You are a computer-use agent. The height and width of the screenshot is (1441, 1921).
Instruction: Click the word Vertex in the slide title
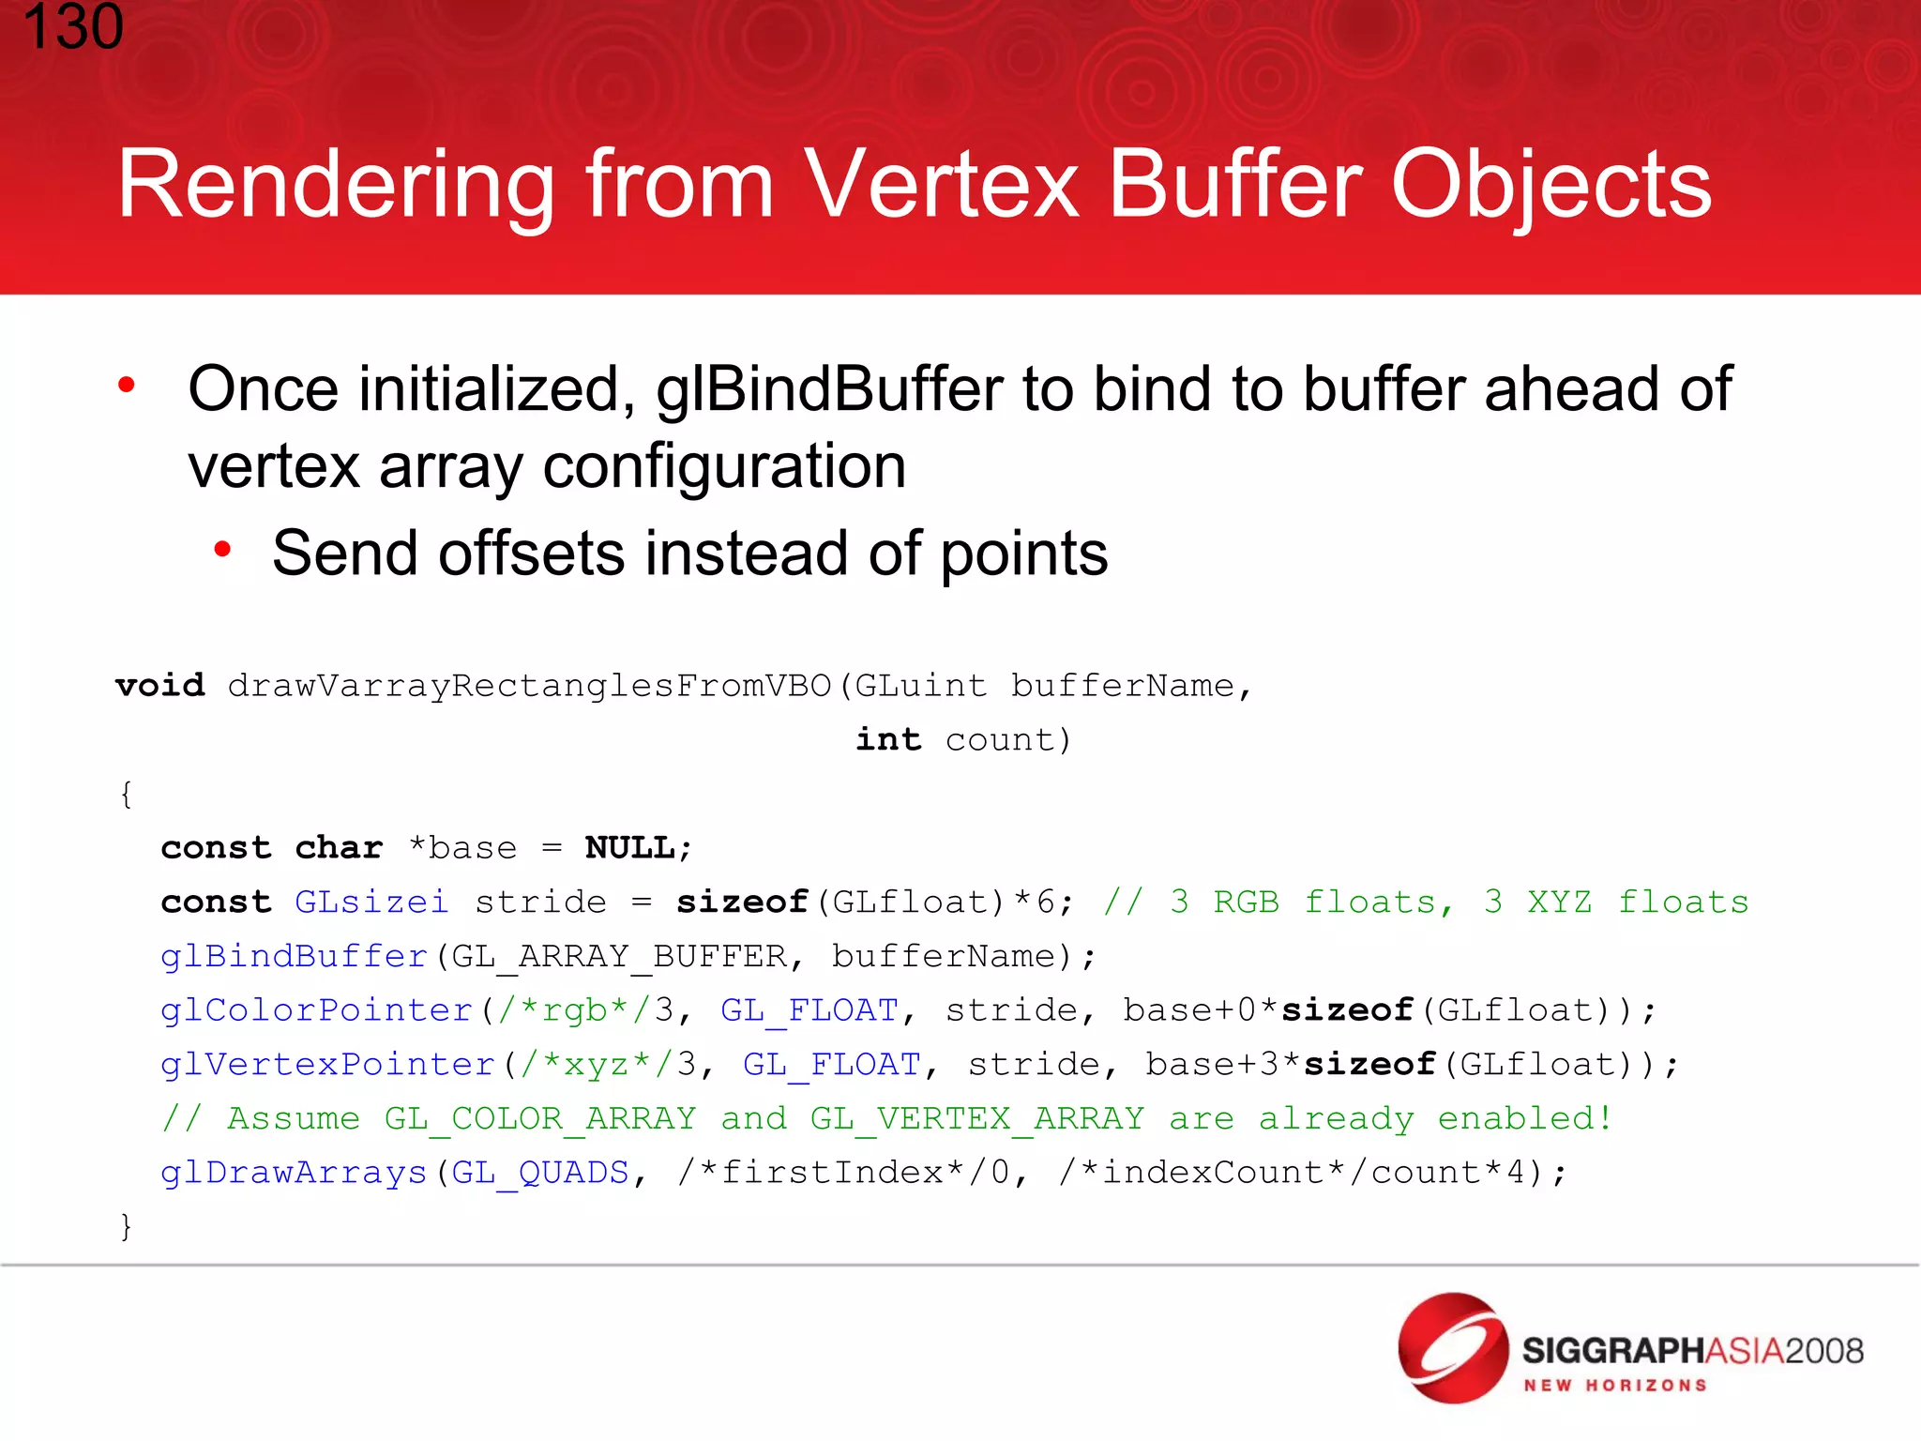tap(942, 185)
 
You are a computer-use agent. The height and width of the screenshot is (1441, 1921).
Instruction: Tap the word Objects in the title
tap(1551, 185)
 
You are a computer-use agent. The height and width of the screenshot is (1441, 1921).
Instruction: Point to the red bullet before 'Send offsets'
tap(222, 550)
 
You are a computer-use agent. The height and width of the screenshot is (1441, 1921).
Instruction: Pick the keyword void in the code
tap(160, 686)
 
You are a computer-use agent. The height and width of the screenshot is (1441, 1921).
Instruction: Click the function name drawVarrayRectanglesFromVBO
tap(529, 686)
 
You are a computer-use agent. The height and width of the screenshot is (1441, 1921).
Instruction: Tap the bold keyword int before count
tap(887, 740)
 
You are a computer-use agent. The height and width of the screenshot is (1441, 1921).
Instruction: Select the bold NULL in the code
tap(629, 848)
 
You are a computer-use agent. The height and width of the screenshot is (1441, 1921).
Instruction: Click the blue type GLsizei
tap(371, 903)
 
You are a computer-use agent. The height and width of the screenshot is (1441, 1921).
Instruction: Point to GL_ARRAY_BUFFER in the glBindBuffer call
tap(619, 957)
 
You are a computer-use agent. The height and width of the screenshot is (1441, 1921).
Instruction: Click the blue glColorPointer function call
tap(317, 1010)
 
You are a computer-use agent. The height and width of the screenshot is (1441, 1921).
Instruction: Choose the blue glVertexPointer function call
tap(327, 1065)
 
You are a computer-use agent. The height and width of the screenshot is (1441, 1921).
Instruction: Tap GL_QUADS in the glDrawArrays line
tap(540, 1174)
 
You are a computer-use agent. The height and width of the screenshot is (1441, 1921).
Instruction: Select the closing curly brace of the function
tap(126, 1226)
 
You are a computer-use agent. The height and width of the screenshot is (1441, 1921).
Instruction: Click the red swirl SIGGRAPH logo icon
tap(1452, 1348)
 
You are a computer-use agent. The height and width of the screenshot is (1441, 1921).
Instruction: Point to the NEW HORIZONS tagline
tap(1615, 1386)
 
